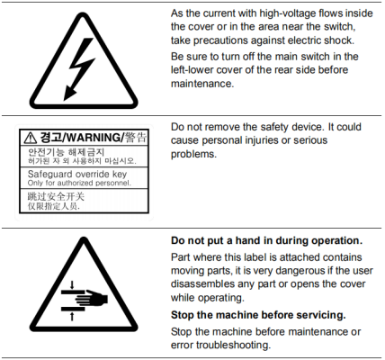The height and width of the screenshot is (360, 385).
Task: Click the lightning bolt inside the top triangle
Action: click(79, 69)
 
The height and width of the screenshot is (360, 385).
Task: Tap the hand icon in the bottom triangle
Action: click(91, 299)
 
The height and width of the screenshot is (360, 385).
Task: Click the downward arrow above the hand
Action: click(72, 284)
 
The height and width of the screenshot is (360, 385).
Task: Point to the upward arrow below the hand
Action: click(72, 316)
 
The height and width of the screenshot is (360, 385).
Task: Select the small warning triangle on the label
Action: click(31, 138)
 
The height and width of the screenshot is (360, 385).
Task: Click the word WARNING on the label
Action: click(93, 138)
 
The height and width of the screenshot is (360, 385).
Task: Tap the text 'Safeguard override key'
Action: click(77, 174)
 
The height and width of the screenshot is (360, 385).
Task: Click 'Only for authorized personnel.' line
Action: click(79, 183)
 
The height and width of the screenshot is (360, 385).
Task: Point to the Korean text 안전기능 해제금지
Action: click(66, 152)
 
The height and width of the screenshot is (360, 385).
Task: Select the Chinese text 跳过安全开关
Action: click(56, 196)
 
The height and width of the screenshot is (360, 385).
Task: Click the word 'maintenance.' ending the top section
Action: click(202, 84)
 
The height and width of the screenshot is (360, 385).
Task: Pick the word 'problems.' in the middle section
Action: click(193, 154)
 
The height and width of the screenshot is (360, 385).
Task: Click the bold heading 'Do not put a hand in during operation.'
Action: click(266, 240)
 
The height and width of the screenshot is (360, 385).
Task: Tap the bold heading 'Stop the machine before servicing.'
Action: click(258, 315)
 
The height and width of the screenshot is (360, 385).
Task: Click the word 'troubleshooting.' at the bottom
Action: click(233, 345)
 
